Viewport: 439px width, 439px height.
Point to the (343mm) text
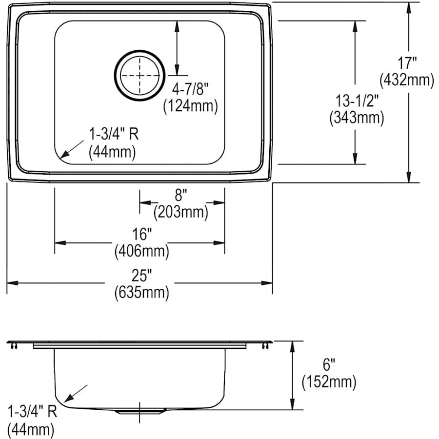pyautogui.click(x=356, y=117)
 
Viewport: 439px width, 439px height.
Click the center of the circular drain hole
pyautogui.click(x=140, y=76)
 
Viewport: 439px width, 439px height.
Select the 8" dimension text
pyautogui.click(x=181, y=196)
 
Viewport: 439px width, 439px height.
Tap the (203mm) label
pyautogui.click(x=181, y=212)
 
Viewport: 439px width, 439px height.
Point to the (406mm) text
pyautogui.click(x=141, y=252)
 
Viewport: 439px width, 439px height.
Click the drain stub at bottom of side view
pyautogui.click(x=140, y=412)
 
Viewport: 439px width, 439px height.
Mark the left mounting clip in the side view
pyautogui.click(x=13, y=346)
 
